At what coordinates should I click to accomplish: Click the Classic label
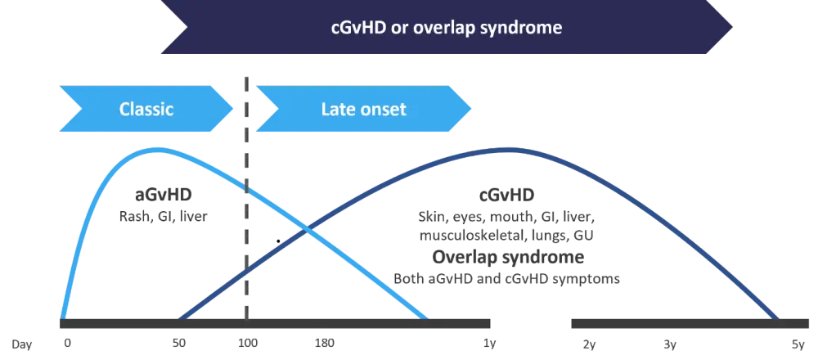coord(146,109)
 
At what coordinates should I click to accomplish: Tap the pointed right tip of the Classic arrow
coord(235,109)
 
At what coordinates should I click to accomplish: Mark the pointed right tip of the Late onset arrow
coord(472,109)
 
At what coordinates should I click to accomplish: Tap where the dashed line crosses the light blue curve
coord(246,186)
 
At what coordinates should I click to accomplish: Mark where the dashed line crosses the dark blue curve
coord(246,274)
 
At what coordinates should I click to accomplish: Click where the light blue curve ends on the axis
coord(425,317)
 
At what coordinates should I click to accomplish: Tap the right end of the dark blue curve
coord(777,317)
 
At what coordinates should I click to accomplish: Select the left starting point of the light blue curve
coord(61,317)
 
